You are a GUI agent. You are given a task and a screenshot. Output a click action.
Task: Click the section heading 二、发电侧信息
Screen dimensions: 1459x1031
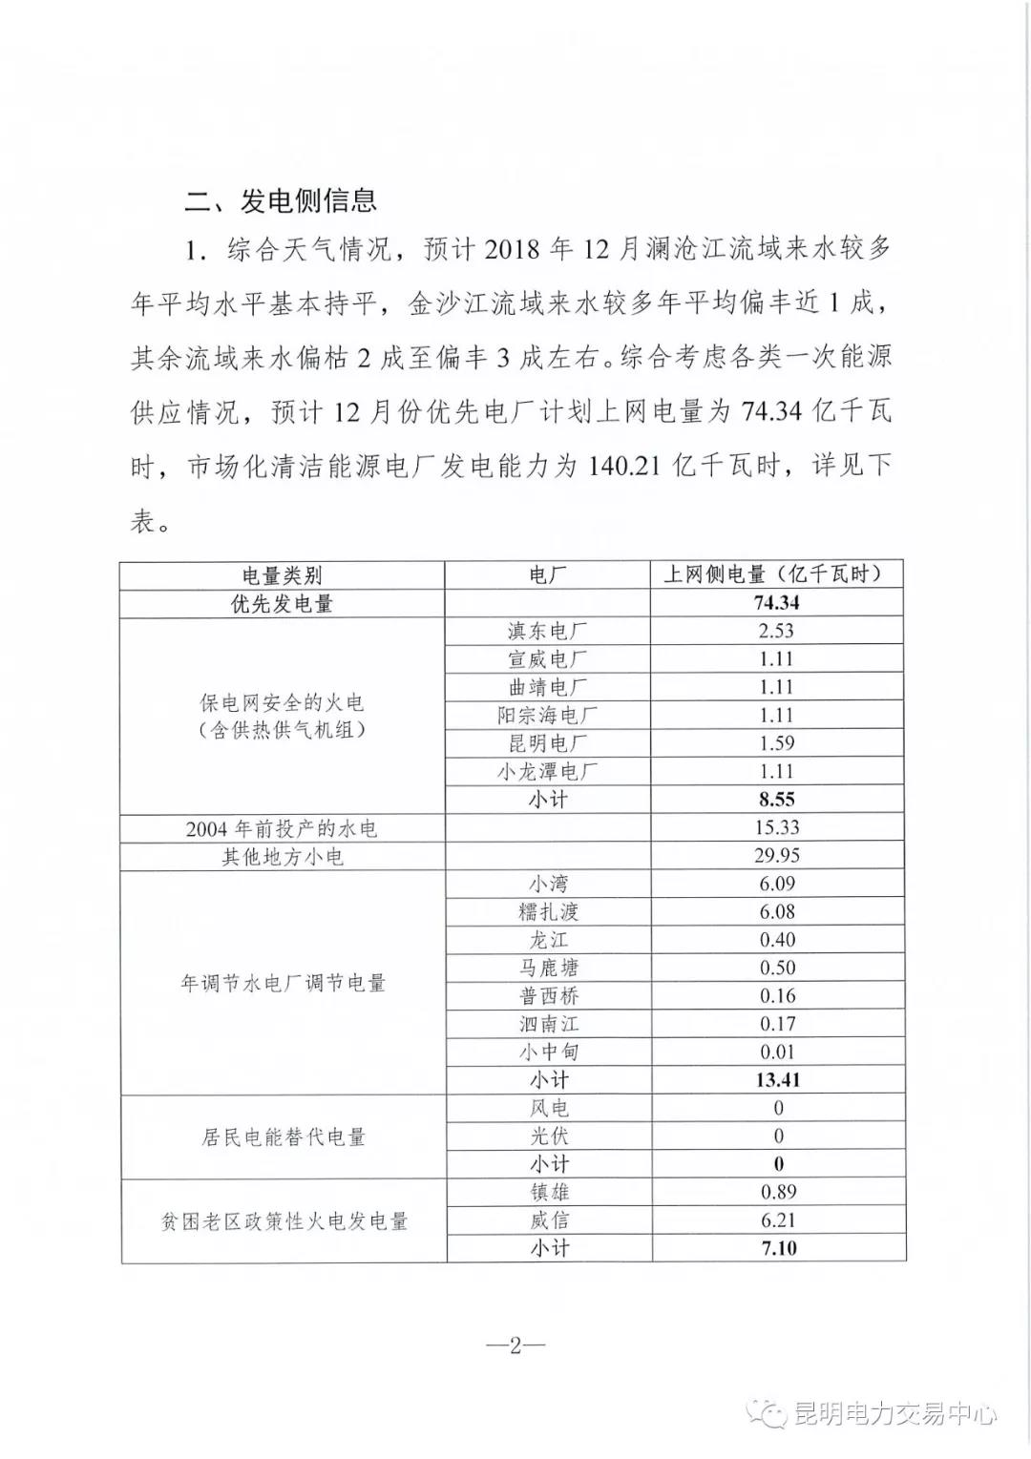281,200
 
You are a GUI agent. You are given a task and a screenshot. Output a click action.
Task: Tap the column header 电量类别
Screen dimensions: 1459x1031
282,575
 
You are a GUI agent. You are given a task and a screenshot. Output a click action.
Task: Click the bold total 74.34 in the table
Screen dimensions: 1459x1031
776,603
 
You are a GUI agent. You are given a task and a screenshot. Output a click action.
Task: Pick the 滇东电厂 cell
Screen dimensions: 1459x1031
547,631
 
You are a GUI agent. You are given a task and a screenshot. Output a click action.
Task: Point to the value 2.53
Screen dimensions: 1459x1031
776,631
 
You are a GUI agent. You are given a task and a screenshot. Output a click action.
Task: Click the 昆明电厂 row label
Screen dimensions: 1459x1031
547,743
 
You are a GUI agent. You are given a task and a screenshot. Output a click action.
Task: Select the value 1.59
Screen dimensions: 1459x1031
776,743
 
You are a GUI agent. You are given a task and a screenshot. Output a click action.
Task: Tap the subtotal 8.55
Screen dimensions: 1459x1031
777,800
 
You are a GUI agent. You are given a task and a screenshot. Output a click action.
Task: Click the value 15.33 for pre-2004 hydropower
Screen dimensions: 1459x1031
777,827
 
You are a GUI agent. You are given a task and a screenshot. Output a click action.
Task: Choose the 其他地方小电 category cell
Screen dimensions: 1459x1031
282,857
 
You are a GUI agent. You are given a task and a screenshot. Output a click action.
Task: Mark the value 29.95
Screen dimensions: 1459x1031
777,856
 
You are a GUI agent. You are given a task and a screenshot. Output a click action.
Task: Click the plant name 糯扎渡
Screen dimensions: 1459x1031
549,912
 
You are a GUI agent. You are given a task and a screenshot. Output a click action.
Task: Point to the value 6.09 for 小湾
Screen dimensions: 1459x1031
777,884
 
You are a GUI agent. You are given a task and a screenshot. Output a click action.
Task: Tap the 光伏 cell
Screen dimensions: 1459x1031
549,1136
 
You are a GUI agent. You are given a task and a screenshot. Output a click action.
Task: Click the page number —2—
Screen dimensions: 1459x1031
515,1345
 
